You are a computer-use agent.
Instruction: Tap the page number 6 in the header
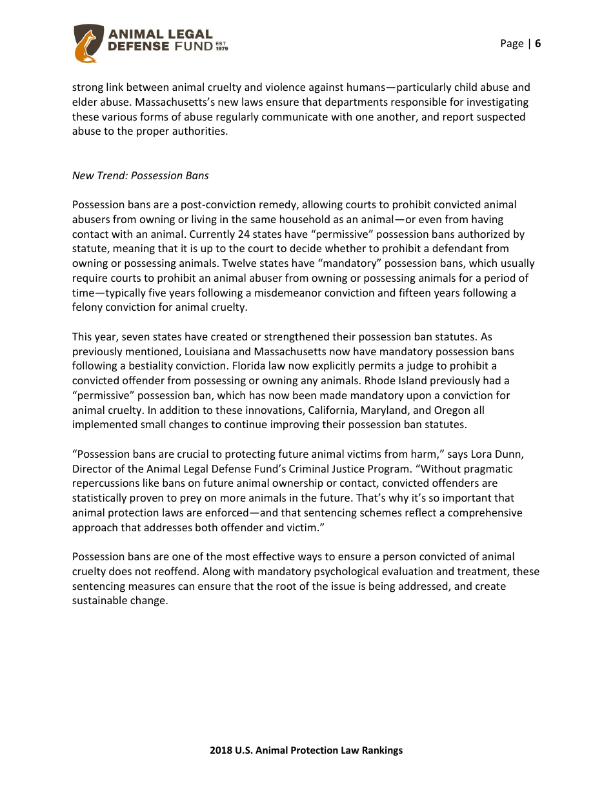click(538, 44)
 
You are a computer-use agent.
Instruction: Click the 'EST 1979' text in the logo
click(221, 46)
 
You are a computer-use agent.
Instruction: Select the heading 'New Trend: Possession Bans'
click(140, 175)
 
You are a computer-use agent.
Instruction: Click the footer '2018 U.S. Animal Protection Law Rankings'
click(306, 750)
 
